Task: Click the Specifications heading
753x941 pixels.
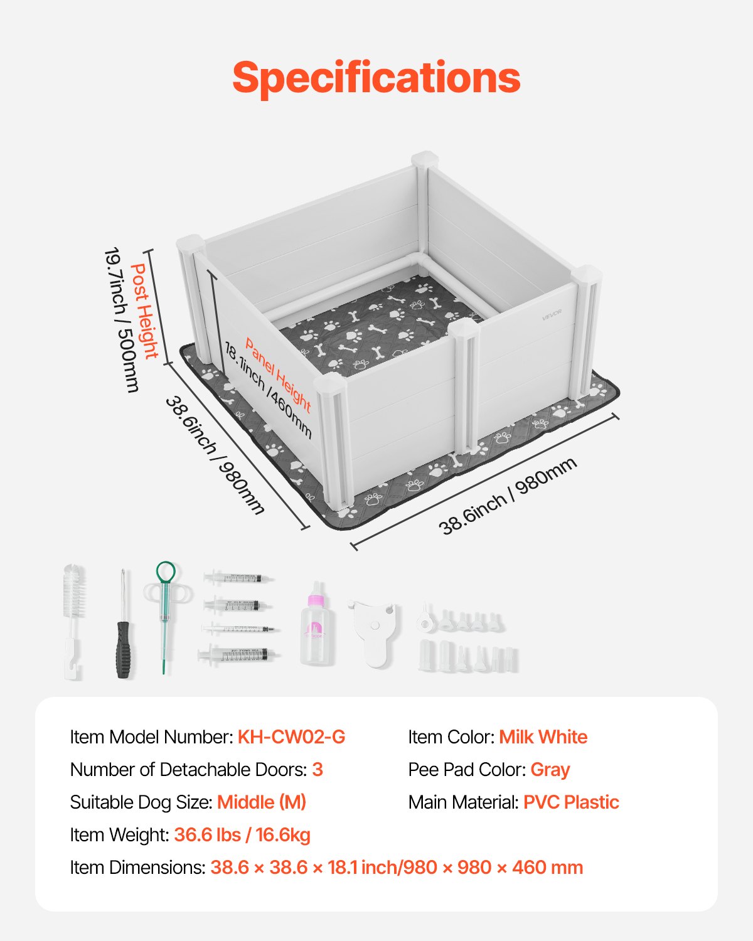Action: tap(376, 78)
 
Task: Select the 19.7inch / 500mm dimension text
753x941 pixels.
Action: tap(121, 320)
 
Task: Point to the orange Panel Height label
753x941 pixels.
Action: tap(278, 375)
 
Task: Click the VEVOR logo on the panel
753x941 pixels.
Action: tap(552, 316)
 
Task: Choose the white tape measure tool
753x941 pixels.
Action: tap(374, 631)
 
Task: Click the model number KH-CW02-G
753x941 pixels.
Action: tap(291, 737)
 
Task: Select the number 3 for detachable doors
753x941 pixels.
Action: tap(318, 770)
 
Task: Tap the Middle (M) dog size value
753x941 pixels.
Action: tap(262, 802)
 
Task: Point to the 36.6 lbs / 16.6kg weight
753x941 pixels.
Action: tap(242, 835)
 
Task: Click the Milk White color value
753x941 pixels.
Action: tap(543, 737)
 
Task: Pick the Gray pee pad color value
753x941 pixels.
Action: tap(550, 770)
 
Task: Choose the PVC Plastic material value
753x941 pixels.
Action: tap(571, 802)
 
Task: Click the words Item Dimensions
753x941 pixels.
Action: tap(137, 868)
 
